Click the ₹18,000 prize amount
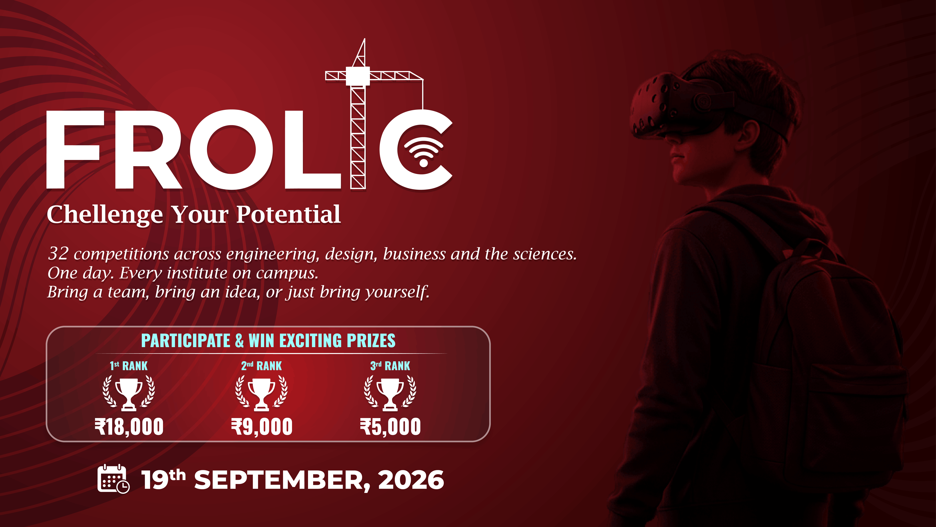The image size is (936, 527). [x=129, y=427]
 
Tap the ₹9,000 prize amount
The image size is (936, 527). [x=262, y=427]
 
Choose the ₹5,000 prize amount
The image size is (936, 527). [x=390, y=427]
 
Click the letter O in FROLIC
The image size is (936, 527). [x=231, y=150]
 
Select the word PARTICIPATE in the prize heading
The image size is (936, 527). [x=186, y=341]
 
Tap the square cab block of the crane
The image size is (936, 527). [x=358, y=76]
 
